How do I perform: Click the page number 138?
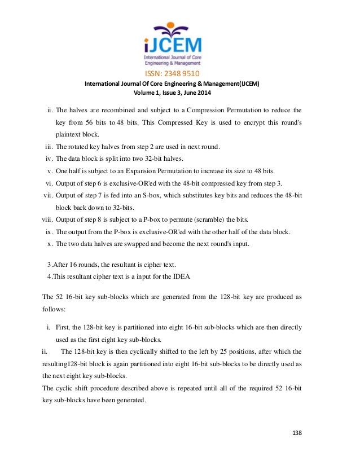point(297,433)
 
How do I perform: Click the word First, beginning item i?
point(64,327)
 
